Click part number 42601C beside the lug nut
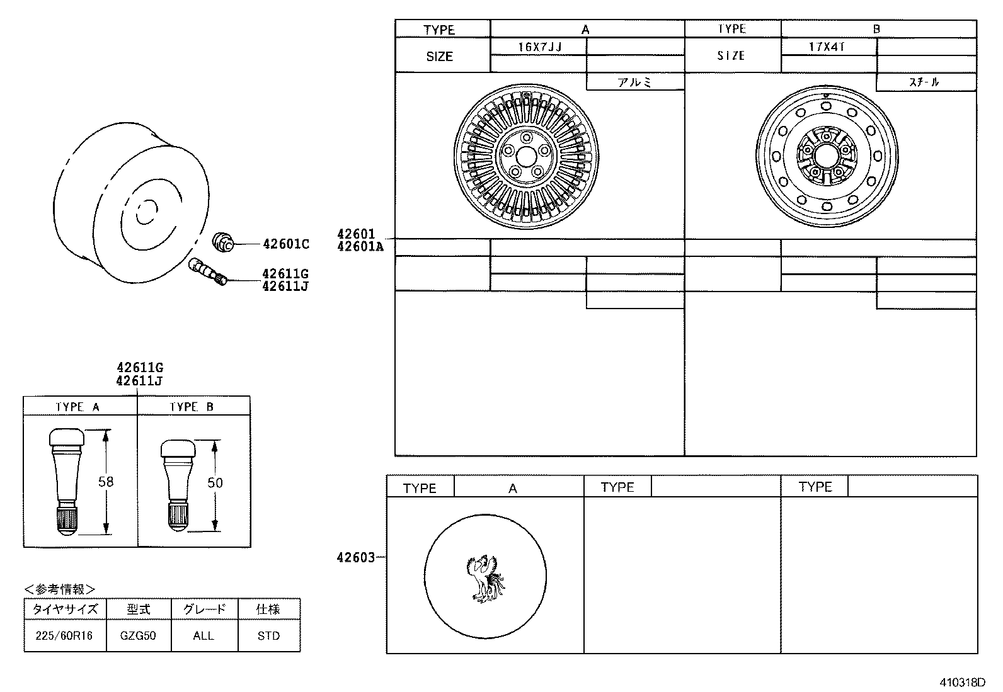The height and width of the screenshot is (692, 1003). [x=285, y=244]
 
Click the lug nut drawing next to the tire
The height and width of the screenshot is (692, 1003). [x=222, y=241]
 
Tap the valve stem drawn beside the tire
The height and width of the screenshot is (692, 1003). [x=207, y=272]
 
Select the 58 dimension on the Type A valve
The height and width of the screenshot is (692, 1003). [x=106, y=482]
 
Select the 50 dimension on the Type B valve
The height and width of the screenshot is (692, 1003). [x=215, y=483]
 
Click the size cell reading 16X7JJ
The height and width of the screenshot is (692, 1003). [x=539, y=47]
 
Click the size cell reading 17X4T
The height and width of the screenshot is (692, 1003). [x=827, y=47]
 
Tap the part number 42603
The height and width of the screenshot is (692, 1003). [x=355, y=557]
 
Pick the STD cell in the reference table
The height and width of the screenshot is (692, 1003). [x=268, y=635]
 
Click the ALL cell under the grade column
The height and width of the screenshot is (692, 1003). [x=203, y=635]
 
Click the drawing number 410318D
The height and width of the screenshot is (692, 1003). [x=962, y=683]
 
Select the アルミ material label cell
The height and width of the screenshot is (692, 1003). [x=634, y=82]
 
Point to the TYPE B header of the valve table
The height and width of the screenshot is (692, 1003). [x=192, y=407]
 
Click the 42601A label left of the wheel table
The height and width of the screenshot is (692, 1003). [x=360, y=247]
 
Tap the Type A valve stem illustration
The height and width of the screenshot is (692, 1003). [x=66, y=482]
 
